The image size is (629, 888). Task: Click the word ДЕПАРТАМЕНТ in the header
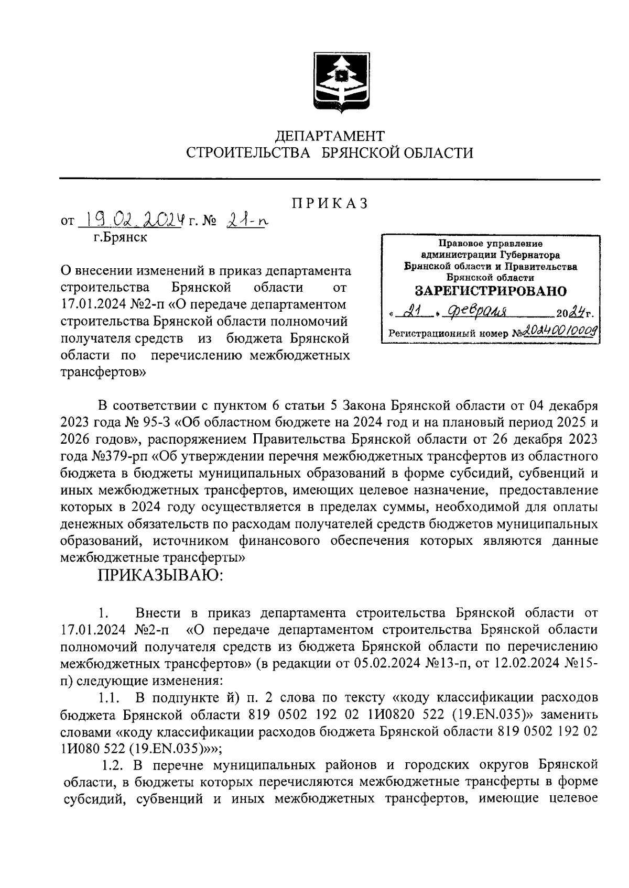[330, 136]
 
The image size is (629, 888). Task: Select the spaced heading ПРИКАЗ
[330, 203]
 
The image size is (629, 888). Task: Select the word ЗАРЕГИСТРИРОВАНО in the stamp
[491, 291]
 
